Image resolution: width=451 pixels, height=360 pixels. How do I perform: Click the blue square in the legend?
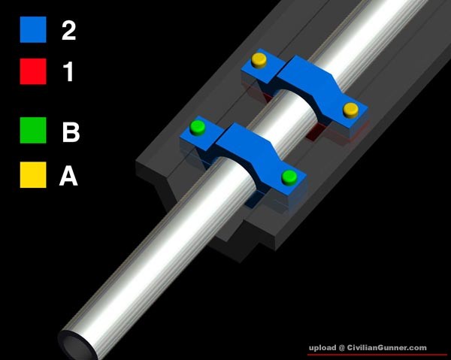(x=33, y=29)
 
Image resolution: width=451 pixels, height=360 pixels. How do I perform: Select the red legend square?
(x=33, y=71)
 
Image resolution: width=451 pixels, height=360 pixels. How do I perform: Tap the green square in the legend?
(x=33, y=130)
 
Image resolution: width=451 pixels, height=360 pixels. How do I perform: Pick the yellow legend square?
(x=33, y=175)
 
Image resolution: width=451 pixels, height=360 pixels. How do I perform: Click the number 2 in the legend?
(x=68, y=31)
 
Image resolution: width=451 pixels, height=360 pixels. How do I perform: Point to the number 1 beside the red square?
(x=68, y=71)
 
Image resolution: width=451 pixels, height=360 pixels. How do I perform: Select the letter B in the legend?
(x=71, y=132)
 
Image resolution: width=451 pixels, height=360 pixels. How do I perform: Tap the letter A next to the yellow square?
(x=68, y=176)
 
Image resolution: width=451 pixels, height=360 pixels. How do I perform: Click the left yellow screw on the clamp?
(x=259, y=60)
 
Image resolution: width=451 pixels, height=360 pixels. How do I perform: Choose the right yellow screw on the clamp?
(x=350, y=110)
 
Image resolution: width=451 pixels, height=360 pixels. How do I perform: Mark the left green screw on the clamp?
(x=198, y=128)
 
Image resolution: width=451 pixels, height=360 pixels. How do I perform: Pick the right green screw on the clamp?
(x=289, y=177)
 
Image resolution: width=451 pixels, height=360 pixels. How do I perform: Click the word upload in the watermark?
(x=322, y=348)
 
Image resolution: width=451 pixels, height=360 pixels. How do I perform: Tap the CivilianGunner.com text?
(x=387, y=348)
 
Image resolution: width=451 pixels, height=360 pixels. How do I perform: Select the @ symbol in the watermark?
(x=341, y=348)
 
